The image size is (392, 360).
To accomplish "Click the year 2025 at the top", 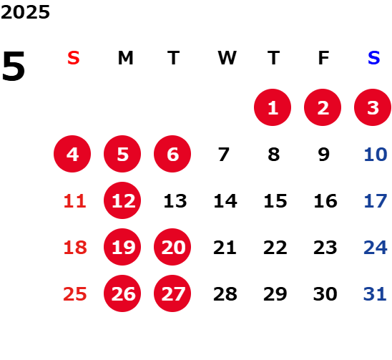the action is tap(25, 12).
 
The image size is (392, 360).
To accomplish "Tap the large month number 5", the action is tap(14, 66).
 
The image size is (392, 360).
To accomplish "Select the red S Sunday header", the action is tap(74, 58).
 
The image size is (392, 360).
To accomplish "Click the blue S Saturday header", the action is tap(374, 58).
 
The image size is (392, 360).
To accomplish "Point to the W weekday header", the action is tap(227, 58).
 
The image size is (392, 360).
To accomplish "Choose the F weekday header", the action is tap(324, 58).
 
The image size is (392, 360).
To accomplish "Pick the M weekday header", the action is tap(125, 58).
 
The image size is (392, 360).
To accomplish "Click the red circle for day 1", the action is tap(273, 107).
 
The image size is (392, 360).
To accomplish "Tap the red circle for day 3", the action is tap(373, 107).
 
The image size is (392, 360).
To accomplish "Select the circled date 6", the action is tap(172, 154).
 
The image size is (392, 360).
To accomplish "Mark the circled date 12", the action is tap(122, 200).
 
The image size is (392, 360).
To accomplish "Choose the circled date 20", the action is tap(172, 247).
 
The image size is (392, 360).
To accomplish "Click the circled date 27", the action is tap(172, 293).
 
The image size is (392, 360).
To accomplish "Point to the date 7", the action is tap(224, 155).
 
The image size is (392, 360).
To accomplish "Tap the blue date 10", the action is tap(376, 155).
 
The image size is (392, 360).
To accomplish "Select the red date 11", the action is tap(75, 201).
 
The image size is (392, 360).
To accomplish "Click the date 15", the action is tap(275, 201).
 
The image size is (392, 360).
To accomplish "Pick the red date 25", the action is tap(75, 294).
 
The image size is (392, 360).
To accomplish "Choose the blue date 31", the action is tap(375, 294).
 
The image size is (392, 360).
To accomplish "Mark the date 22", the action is tap(275, 248).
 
